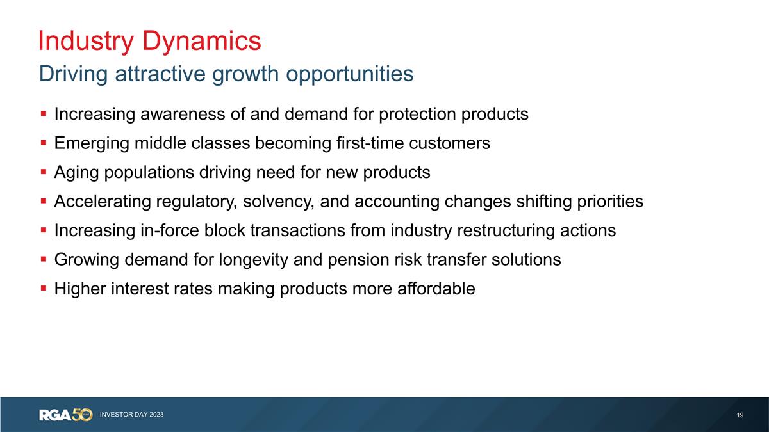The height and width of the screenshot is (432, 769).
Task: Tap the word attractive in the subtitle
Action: pyautogui.click(x=157, y=74)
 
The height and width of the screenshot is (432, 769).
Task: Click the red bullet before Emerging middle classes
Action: pyautogui.click(x=43, y=143)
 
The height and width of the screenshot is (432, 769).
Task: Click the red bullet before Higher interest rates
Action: pyautogui.click(x=43, y=289)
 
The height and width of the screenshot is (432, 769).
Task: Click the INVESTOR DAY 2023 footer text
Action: pyautogui.click(x=131, y=415)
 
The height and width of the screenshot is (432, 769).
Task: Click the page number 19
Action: pyautogui.click(x=740, y=415)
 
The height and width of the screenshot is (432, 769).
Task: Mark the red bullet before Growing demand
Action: pyautogui.click(x=43, y=260)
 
